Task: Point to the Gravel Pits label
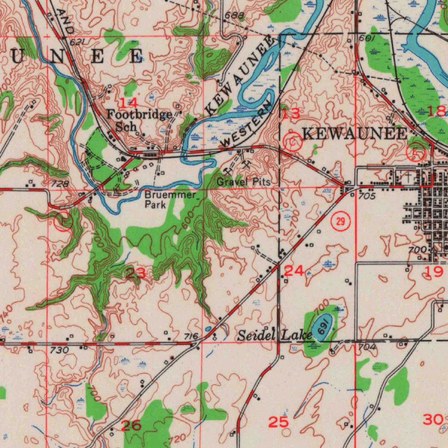pyautogui.click(x=243, y=182)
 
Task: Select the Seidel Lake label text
pyautogui.click(x=274, y=336)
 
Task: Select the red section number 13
pyautogui.click(x=290, y=114)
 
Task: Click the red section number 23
pyautogui.click(x=135, y=274)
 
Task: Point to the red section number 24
pyautogui.click(x=294, y=271)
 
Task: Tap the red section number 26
pyautogui.click(x=131, y=425)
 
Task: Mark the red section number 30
pyautogui.click(x=433, y=420)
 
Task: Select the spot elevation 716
pyautogui.click(x=191, y=336)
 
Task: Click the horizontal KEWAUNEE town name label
pyautogui.click(x=355, y=134)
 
